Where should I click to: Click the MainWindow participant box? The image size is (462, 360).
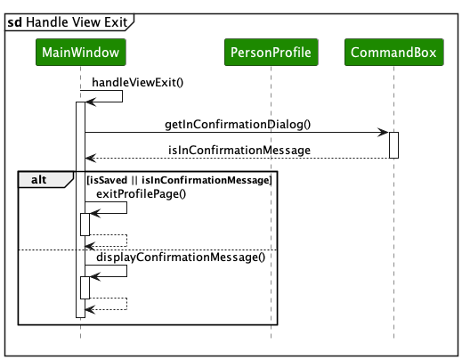80,53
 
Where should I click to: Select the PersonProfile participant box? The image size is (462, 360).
271,53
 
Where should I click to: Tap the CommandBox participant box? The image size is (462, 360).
393,53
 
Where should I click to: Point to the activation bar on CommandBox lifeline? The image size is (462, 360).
393,145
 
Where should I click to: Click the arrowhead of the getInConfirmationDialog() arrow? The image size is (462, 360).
384,134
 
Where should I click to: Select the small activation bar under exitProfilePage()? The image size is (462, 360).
85,224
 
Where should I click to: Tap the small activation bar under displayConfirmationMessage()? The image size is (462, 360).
85,287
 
